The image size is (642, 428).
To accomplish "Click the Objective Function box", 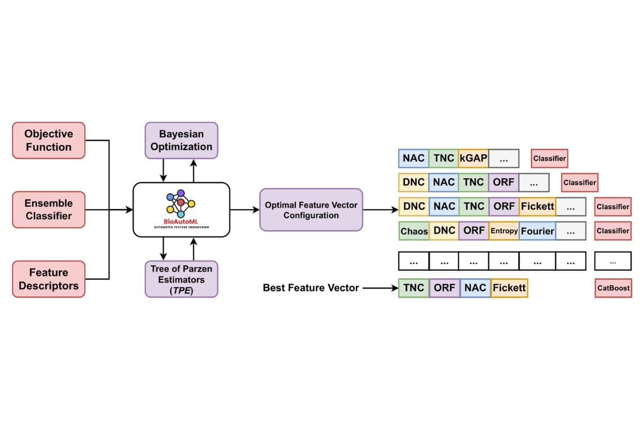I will click(x=49, y=140).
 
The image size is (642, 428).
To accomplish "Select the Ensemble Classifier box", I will click(x=49, y=210).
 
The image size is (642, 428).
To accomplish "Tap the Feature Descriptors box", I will click(x=49, y=279).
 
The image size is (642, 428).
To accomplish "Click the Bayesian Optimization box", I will click(x=181, y=140).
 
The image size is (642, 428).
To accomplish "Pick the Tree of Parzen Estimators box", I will click(x=181, y=279).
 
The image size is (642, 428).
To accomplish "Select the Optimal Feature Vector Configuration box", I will click(x=311, y=210).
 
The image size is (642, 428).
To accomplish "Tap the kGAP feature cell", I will click(x=473, y=158).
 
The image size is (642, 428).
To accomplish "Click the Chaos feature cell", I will click(x=414, y=231).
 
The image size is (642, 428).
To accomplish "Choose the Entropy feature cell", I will click(x=503, y=231).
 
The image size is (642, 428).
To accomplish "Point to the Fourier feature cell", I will click(x=537, y=231).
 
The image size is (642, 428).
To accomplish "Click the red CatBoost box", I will click(x=613, y=288).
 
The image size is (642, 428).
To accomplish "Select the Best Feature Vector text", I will click(x=311, y=288).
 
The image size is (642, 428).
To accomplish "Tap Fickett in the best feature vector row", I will click(x=509, y=288).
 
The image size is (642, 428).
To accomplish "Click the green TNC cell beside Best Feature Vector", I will click(x=414, y=288).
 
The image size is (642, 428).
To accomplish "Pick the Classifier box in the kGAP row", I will click(x=549, y=158).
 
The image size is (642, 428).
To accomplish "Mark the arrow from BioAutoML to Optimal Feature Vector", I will click(x=245, y=210).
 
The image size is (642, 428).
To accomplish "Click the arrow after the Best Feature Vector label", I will click(x=380, y=288).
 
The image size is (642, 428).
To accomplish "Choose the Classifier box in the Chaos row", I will click(x=613, y=231).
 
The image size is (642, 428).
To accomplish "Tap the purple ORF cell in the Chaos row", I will click(x=473, y=231).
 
